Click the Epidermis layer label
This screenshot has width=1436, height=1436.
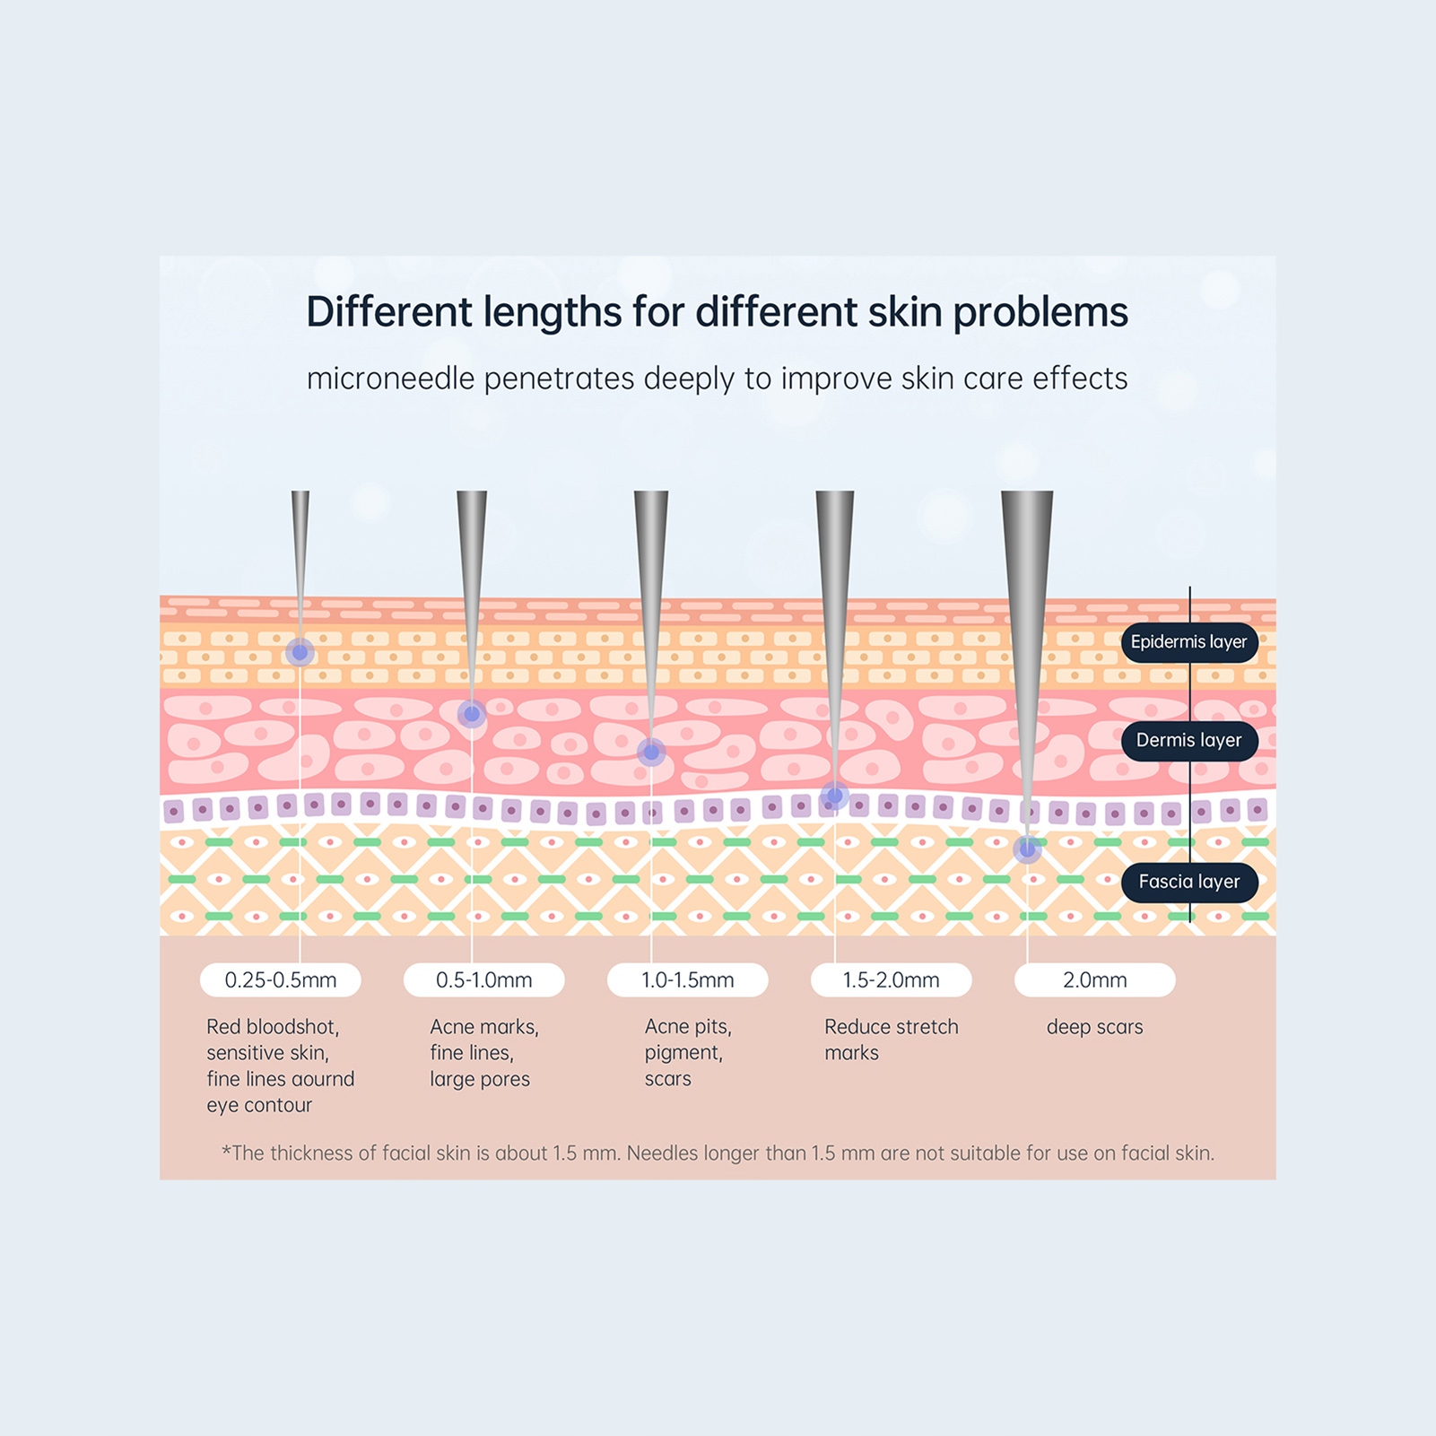pos(1188,642)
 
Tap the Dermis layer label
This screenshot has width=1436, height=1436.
pos(1188,741)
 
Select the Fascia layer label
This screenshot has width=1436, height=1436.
pos(1188,883)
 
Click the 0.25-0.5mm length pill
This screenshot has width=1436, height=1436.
pos(280,980)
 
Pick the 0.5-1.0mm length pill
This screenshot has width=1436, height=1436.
pos(483,980)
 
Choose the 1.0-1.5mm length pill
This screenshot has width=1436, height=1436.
pos(687,980)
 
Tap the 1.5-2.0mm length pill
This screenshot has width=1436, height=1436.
pos(891,980)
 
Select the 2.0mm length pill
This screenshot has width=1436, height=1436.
pos(1094,980)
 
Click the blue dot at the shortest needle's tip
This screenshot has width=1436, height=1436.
pos(300,652)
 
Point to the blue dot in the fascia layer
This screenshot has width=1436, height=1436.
pos(1027,848)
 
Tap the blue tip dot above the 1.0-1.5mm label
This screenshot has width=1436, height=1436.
pos(651,752)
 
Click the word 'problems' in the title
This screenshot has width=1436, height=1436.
pos(1040,313)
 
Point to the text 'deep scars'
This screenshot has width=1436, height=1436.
pos(1094,1028)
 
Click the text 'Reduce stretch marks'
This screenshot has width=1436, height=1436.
pos(891,1040)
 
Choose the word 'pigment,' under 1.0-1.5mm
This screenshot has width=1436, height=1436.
pos(683,1053)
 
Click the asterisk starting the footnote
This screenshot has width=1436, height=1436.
pos(226,1152)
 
